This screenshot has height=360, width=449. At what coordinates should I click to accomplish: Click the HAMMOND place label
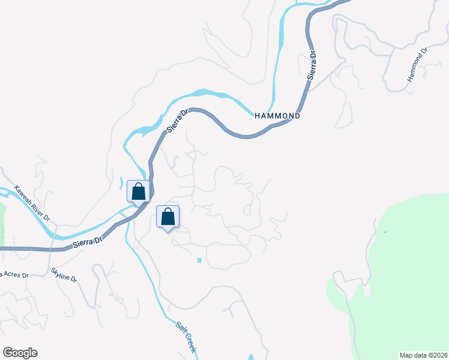276,115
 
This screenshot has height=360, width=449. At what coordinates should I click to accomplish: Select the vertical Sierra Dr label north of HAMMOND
312,66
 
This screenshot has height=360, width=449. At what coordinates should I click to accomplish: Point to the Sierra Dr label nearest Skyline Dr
88,242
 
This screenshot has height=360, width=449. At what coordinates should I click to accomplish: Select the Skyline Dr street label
64,275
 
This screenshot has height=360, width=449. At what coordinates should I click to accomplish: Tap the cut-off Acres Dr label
14,275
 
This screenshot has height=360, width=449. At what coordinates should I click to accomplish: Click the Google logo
20,353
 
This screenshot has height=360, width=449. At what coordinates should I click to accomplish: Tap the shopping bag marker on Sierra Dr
138,192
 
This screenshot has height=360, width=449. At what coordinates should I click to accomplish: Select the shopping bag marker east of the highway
168,217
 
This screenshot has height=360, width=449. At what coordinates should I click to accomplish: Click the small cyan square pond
199,260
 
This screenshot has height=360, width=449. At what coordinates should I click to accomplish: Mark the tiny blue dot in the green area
385,232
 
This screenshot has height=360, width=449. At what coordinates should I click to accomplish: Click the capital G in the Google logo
8,352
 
